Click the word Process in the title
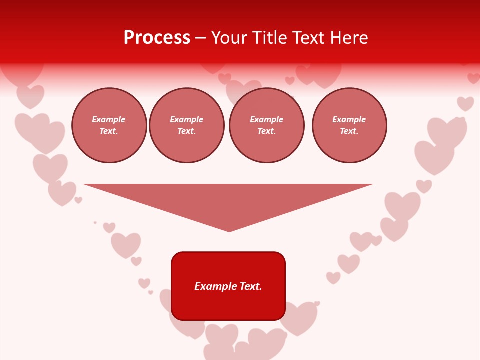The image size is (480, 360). click(x=157, y=38)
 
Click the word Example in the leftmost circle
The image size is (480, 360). click(x=109, y=119)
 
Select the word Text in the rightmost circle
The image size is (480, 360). click(x=349, y=131)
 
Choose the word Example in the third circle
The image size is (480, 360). click(x=267, y=119)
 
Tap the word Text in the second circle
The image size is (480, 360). click(x=186, y=131)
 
